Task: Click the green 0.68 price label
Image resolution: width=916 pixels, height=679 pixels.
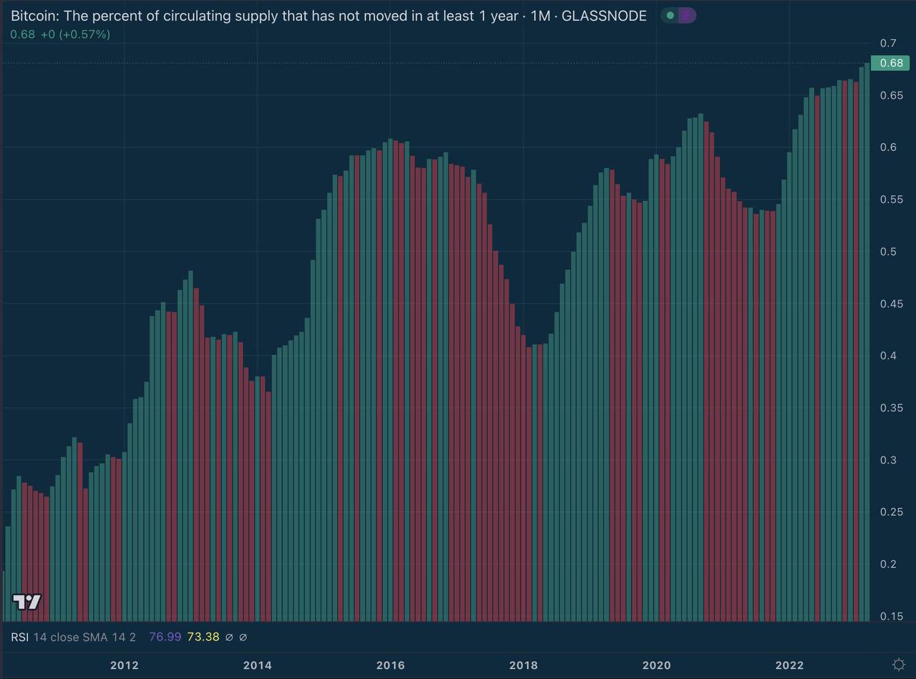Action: click(x=890, y=63)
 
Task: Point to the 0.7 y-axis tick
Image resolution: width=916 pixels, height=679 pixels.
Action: click(x=888, y=43)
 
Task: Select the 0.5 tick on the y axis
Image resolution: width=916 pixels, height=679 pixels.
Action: click(x=888, y=251)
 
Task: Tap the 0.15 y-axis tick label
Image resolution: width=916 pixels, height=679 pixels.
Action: click(x=891, y=616)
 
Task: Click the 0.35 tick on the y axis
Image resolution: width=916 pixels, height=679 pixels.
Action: click(x=891, y=408)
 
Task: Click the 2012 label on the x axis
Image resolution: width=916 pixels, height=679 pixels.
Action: click(x=124, y=665)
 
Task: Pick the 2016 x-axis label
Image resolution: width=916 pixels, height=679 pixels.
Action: click(x=390, y=665)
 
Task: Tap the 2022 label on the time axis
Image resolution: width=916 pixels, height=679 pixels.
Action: click(x=789, y=665)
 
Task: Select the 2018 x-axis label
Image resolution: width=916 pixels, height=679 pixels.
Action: click(x=523, y=665)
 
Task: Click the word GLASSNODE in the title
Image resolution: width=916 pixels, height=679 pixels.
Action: click(x=604, y=16)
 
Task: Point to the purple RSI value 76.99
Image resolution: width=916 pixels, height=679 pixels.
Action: click(x=165, y=637)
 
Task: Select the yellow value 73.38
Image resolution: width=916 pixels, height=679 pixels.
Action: click(x=203, y=637)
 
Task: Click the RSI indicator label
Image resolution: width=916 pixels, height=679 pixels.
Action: click(x=19, y=637)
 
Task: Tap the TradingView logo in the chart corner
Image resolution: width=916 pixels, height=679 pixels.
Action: click(x=26, y=602)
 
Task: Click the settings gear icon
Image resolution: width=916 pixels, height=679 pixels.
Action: click(x=899, y=665)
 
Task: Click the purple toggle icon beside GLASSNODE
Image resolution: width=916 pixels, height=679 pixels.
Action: click(x=686, y=15)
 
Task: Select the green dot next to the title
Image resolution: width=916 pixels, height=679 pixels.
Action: click(x=670, y=15)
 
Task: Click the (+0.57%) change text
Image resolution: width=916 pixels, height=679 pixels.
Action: click(x=84, y=34)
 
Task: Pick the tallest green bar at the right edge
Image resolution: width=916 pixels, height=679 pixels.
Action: click(x=867, y=343)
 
